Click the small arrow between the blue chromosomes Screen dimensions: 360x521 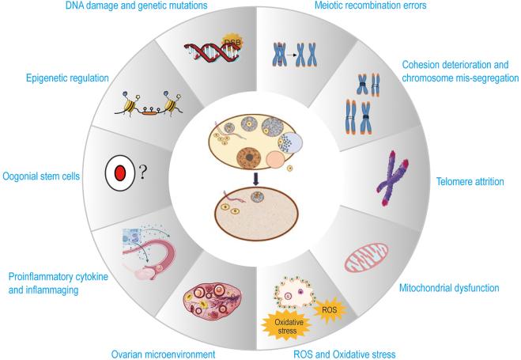(x=303, y=57)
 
